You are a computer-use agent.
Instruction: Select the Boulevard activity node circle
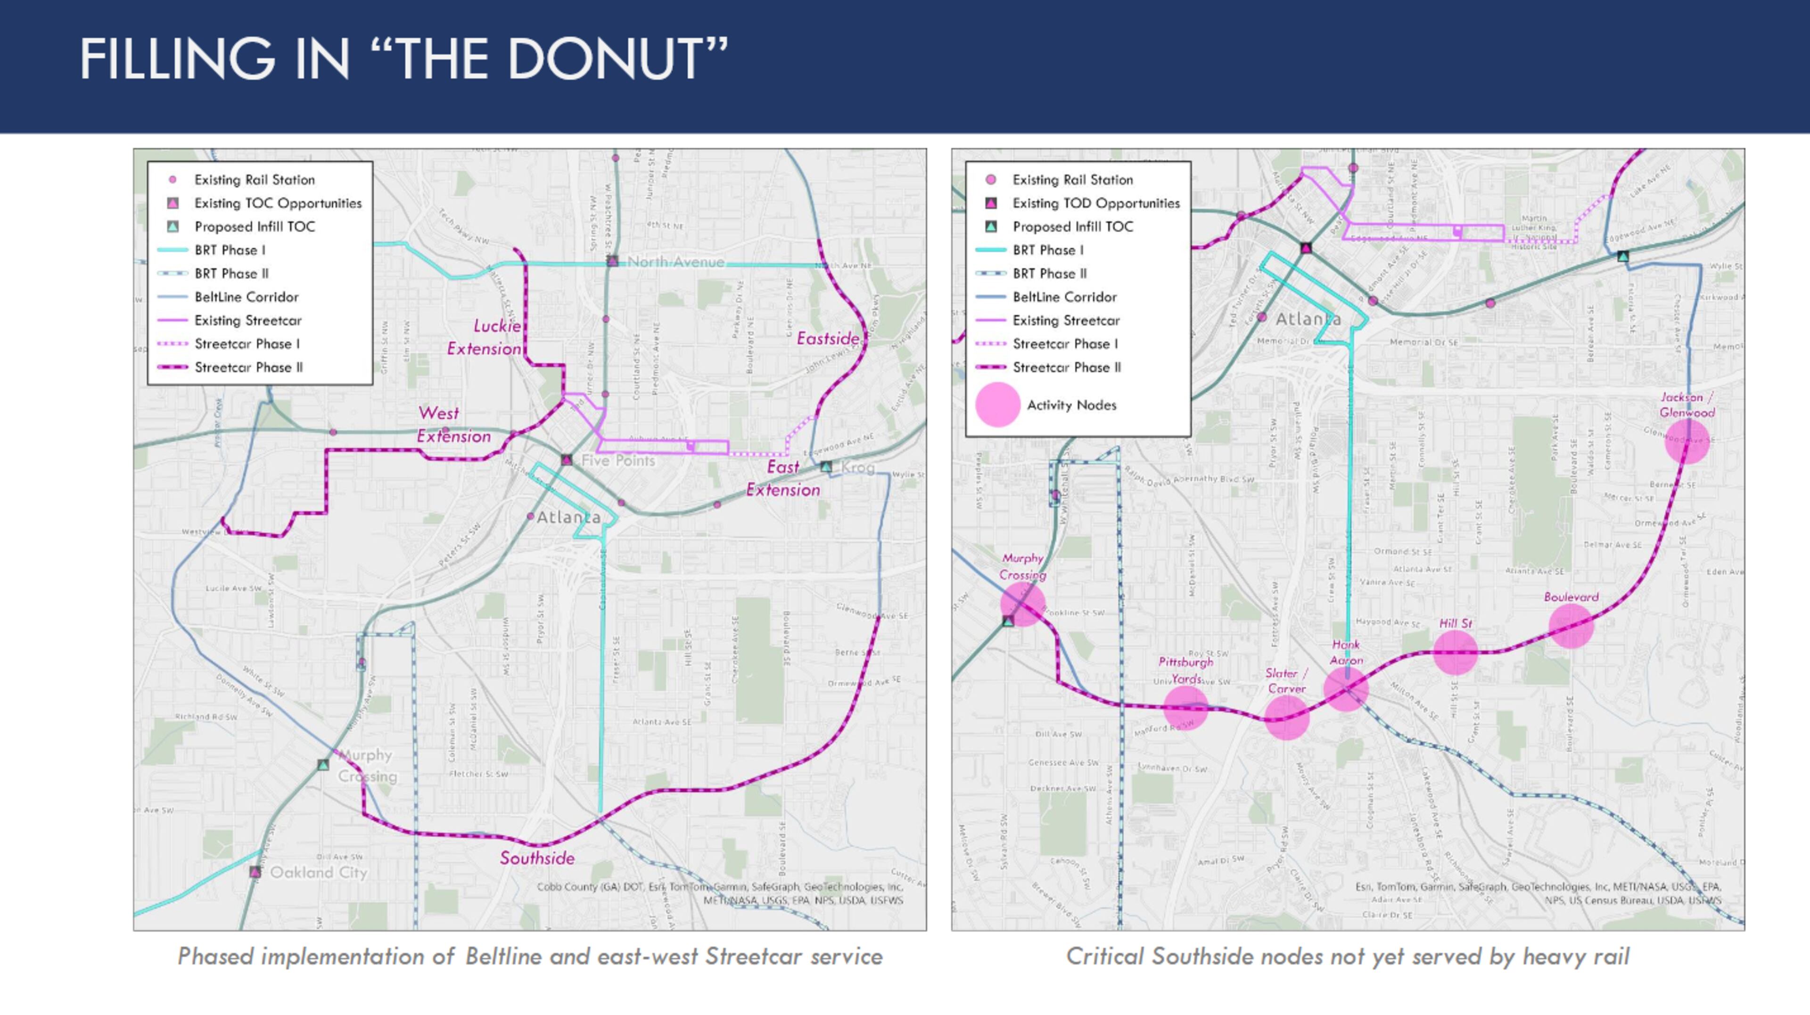click(x=1571, y=626)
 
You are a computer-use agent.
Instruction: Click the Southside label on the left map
click(x=537, y=858)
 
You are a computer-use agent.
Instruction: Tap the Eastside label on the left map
click(x=828, y=338)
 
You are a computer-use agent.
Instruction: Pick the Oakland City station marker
click(x=255, y=872)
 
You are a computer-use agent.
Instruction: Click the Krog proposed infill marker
click(x=826, y=467)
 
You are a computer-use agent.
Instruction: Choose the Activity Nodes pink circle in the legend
click(x=997, y=405)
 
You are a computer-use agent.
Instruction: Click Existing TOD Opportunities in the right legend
click(x=1095, y=203)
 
